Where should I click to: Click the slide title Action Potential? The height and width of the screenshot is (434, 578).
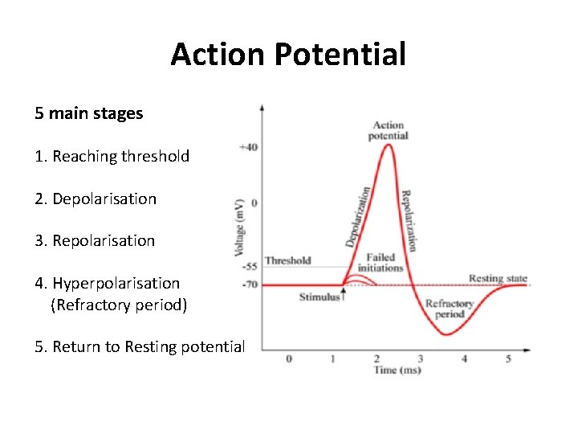288,55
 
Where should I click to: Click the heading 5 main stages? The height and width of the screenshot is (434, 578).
88,113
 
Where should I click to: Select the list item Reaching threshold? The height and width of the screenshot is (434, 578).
112,156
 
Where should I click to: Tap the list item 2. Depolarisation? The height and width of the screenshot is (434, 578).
96,199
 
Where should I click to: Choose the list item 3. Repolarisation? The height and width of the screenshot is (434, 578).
95,240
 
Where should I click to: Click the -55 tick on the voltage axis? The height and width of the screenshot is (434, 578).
249,266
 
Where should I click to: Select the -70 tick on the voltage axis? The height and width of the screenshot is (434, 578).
249,285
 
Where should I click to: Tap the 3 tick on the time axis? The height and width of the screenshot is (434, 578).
421,358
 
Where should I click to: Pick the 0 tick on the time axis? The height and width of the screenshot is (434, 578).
289,358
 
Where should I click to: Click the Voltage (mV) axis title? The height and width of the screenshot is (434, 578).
238,227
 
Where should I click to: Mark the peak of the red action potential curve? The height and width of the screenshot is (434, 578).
389,144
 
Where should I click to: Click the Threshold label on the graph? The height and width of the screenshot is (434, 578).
287,260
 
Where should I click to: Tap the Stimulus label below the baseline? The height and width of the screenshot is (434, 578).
320,297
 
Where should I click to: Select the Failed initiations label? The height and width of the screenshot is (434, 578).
380,262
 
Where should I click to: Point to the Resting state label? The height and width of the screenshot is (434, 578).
498,279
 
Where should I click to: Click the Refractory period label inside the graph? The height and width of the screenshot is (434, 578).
449,309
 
